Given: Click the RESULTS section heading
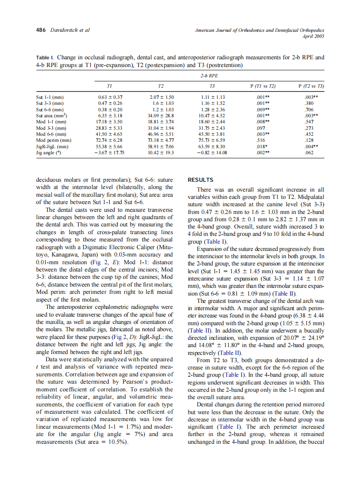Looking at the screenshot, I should pos(201,180).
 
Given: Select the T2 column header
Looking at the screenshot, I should pos(161,86).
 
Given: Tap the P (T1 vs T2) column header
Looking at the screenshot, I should pos(262,86).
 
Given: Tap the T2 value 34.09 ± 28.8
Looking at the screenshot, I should pos(161,116).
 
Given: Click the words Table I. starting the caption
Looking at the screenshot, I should pos(45,57).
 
